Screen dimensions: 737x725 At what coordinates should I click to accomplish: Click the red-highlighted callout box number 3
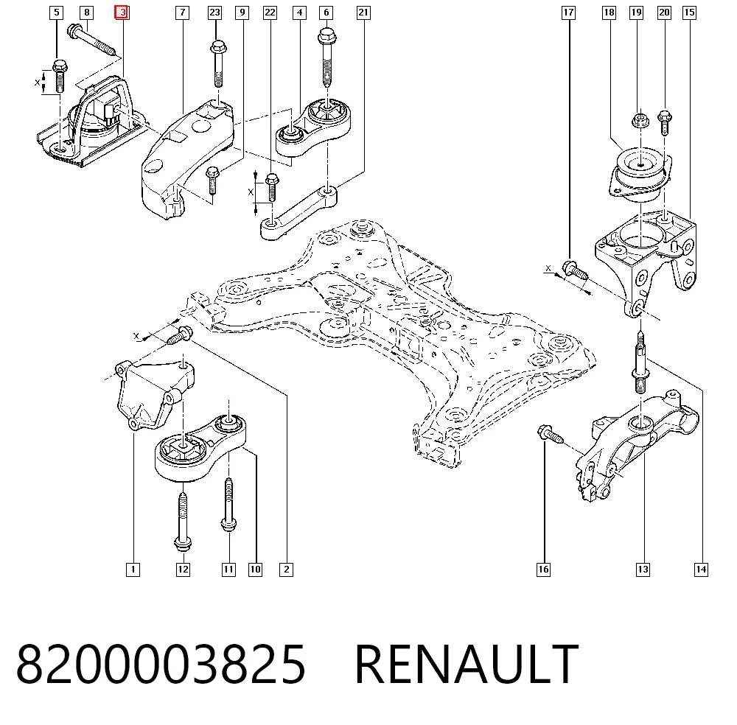click(122, 13)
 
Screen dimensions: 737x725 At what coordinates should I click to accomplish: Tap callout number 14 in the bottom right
click(701, 570)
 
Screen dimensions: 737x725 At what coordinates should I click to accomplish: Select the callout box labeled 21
click(363, 13)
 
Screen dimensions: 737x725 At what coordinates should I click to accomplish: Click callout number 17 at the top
click(568, 13)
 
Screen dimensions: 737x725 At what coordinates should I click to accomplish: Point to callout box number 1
click(133, 570)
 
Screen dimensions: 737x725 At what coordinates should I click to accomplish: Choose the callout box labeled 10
click(255, 570)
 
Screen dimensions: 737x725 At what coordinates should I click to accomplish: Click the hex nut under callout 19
click(640, 119)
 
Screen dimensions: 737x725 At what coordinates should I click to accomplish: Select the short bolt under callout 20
click(665, 123)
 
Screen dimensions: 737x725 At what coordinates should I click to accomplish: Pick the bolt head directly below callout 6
click(327, 36)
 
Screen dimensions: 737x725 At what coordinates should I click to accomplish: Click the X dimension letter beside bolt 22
click(251, 192)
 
